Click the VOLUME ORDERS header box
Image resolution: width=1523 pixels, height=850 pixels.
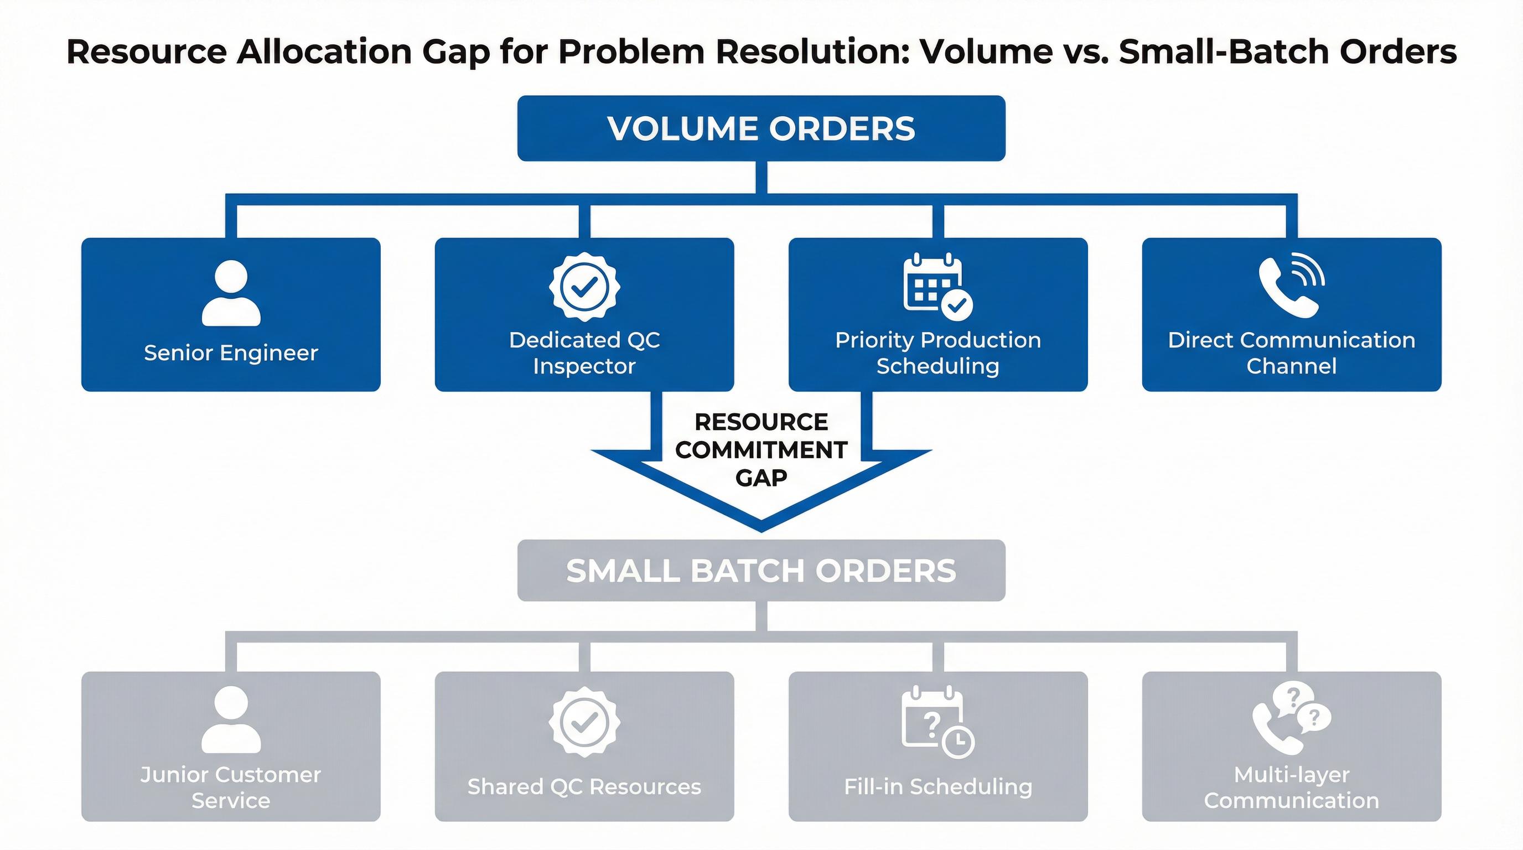point(761,128)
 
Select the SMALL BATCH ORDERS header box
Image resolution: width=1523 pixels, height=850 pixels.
point(761,571)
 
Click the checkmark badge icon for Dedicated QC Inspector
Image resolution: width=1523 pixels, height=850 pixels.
point(584,287)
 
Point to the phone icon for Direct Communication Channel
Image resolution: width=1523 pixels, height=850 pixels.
point(1291,287)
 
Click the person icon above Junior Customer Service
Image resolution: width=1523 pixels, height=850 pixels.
point(231,719)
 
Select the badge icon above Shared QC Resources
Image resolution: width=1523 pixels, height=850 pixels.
point(584,722)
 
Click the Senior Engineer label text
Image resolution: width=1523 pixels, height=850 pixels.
point(231,353)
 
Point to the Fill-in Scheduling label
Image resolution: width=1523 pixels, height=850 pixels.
point(938,787)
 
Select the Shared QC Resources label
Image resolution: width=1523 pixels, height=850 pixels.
point(584,787)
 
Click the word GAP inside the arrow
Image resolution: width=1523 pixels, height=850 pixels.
point(761,478)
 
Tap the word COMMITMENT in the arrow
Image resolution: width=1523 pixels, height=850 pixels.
point(761,450)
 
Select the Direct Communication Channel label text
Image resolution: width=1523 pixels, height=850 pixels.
point(1291,353)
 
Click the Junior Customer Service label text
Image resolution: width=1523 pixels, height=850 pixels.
point(231,787)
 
